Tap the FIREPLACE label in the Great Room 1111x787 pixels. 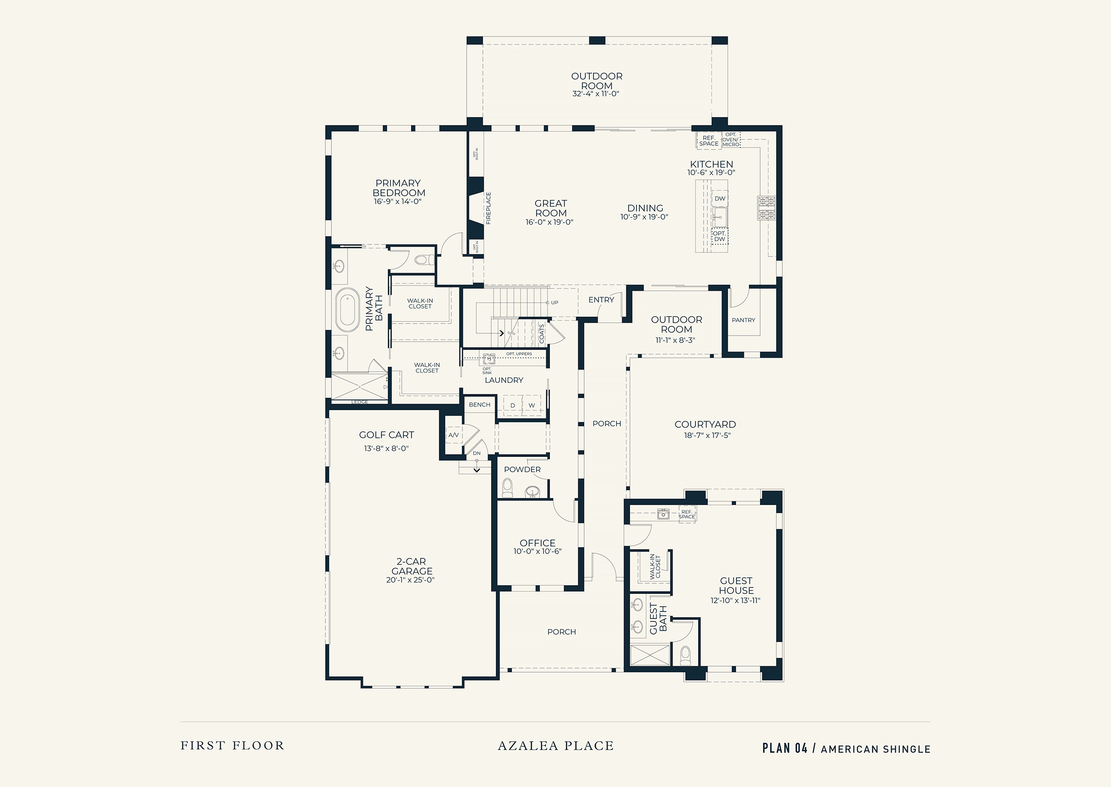pos(488,208)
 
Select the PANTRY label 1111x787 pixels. pos(743,320)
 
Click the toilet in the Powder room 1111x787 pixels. pos(507,487)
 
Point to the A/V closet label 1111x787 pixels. pos(454,435)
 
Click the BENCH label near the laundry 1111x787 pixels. pos(480,405)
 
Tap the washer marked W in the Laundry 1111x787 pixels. pos(531,405)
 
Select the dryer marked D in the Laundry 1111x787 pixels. pos(512,405)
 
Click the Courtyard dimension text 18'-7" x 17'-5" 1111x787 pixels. pos(707,435)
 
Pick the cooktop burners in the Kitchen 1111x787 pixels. pos(767,208)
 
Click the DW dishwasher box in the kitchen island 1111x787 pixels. pos(720,198)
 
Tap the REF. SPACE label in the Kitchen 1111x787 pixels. pos(709,141)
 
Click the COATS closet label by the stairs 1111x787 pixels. pos(542,333)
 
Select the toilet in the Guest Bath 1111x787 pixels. pos(685,655)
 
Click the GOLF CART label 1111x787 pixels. pos(387,435)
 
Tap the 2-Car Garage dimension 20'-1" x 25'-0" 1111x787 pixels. pos(411,580)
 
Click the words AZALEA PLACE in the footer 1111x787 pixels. pos(556,746)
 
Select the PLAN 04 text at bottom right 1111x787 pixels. pos(785,748)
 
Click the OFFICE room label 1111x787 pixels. pos(538,543)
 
